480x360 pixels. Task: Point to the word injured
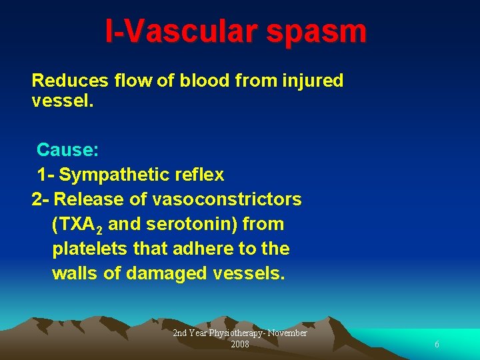click(312, 81)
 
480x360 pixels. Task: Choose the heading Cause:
click(68, 149)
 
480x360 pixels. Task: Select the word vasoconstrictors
click(227, 199)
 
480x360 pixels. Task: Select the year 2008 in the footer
click(239, 344)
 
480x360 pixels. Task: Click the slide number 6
click(437, 345)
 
